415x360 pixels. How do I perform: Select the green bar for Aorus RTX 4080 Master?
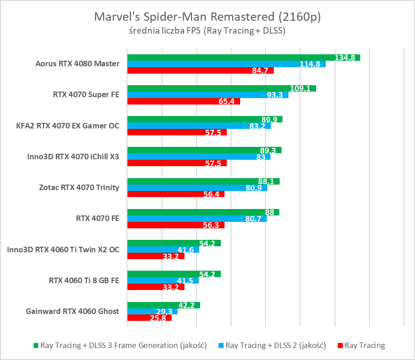coord(230,58)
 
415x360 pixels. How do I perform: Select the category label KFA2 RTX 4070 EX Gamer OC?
coord(68,126)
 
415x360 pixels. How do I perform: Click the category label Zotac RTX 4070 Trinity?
coord(79,187)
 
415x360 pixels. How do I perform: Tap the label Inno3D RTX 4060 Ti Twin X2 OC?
coord(63,250)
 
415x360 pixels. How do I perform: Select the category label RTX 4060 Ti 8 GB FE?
coord(84,280)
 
